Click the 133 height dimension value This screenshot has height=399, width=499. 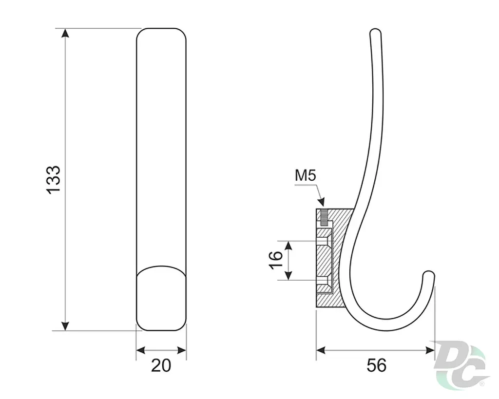pos(53,179)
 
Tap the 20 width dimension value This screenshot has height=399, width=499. pos(161,365)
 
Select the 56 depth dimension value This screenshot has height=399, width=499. pos(377,365)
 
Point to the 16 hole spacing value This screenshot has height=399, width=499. pos(276,260)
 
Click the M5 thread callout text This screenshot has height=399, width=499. pos(306,175)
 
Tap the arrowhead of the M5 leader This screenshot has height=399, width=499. pos(322,202)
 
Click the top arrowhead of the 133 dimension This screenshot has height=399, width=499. pos(65,33)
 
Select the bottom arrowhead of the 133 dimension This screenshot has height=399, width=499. pos(65,326)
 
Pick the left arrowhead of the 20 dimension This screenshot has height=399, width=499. pos(141,350)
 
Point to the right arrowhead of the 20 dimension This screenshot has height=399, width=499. pos(182,350)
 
